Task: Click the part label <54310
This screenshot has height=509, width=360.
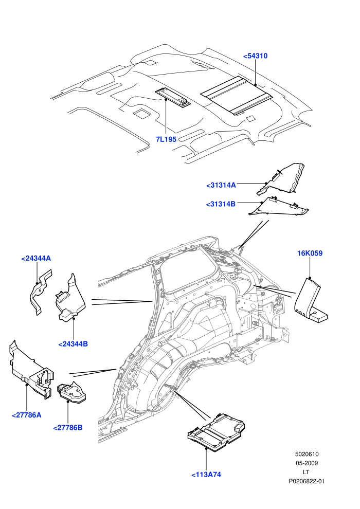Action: pos(255,56)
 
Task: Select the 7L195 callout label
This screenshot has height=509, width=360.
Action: pos(166,139)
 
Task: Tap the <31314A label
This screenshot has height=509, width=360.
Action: pos(221,185)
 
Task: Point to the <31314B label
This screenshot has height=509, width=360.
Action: pos(221,204)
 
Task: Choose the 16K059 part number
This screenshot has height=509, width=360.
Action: pos(310,253)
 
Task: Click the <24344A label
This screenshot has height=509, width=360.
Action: pos(36,259)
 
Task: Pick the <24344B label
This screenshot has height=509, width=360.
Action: pos(73,344)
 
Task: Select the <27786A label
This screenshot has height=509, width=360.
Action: pos(27,415)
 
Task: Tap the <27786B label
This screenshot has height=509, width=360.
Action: pos(68,428)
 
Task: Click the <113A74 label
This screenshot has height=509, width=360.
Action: pos(206,475)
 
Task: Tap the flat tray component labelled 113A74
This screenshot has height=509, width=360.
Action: pos(217,432)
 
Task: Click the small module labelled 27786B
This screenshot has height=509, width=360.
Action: pos(71,392)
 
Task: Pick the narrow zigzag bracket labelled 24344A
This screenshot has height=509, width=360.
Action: pos(40,291)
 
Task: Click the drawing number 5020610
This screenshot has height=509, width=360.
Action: pos(307,454)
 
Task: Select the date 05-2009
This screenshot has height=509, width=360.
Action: pos(307,463)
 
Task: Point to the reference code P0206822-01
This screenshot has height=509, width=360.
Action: pos(307,481)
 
